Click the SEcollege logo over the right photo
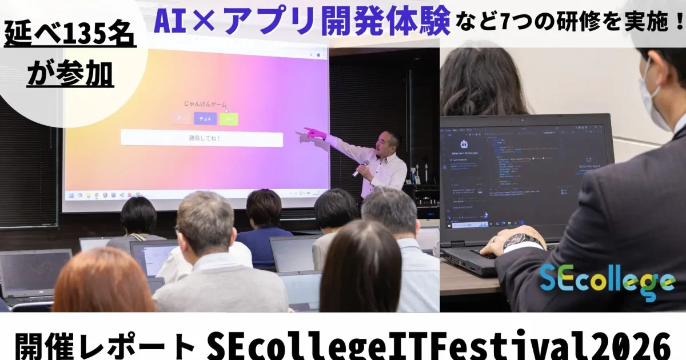click(x=607, y=282)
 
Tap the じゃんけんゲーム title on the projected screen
click(x=205, y=105)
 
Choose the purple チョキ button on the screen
click(x=205, y=119)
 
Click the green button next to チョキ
click(x=229, y=119)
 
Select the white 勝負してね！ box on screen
click(x=202, y=139)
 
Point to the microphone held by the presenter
click(x=362, y=167)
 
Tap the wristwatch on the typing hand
click(x=521, y=241)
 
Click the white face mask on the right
click(x=651, y=100)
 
